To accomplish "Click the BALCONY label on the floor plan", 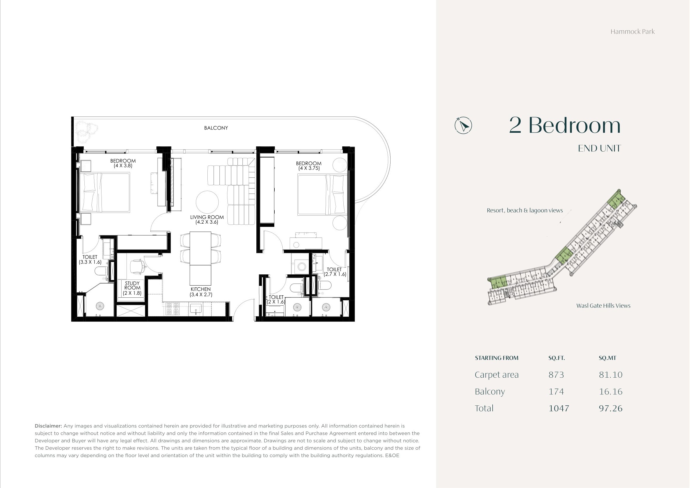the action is (216, 128).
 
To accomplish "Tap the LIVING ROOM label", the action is (207, 217).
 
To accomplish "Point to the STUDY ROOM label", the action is (132, 286).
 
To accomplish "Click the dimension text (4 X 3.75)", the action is (309, 168).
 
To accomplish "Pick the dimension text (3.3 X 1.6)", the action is (90, 262).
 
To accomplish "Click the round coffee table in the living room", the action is (207, 202).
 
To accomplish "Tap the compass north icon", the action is (463, 125).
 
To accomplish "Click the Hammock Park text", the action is (632, 32).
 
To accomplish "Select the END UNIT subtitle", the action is (599, 148).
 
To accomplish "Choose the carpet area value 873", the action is (556, 375).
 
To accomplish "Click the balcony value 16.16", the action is (610, 392).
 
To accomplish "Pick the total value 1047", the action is (559, 408).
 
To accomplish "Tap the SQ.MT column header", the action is (607, 358).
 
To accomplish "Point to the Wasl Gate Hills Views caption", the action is (603, 306).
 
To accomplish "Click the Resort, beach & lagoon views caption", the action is (525, 211).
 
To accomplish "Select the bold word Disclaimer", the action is (48, 426).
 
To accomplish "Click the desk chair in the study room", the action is (138, 267).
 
